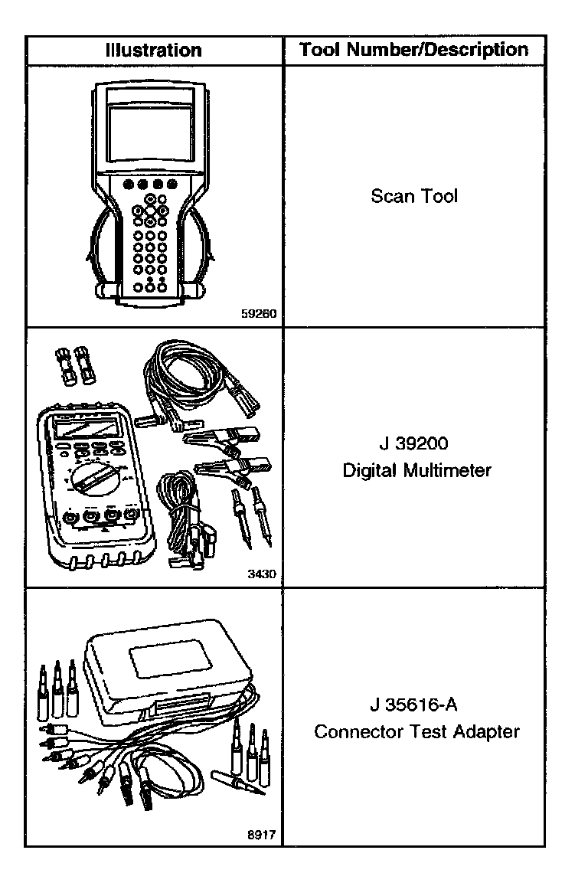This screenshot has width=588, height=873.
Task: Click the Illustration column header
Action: [x=154, y=51]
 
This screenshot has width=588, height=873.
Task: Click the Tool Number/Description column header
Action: [x=413, y=51]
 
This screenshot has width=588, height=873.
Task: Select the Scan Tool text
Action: [x=413, y=196]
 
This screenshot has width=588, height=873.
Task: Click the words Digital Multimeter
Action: [x=416, y=470]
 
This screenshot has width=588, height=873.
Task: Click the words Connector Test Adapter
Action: [x=416, y=731]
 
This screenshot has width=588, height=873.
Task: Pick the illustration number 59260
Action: [x=259, y=313]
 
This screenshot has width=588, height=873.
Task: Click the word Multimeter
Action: [x=452, y=470]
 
